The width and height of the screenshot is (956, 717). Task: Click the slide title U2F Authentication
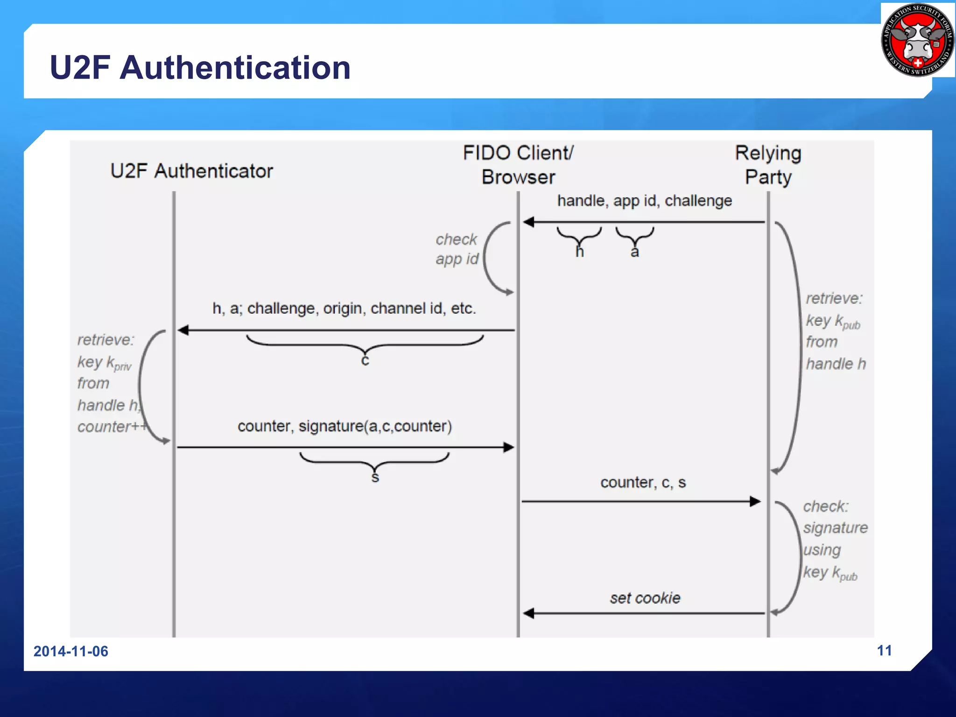[200, 68]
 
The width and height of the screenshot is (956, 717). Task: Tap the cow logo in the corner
[917, 40]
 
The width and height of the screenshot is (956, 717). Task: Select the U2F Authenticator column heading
[191, 171]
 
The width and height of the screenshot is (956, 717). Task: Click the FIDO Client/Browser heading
[518, 165]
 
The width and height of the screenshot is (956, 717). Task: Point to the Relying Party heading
[768, 165]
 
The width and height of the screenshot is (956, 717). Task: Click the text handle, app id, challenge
[644, 201]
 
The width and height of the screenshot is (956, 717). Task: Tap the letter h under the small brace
[579, 252]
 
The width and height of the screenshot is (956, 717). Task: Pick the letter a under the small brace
[634, 253]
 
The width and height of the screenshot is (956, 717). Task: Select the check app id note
[457, 249]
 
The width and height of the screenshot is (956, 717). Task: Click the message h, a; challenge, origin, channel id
[344, 309]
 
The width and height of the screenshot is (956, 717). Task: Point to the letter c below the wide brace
[365, 360]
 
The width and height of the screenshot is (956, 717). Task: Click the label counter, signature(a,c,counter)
[344, 426]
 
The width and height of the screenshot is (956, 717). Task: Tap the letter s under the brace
[375, 478]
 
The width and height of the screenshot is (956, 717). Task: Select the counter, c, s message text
[643, 482]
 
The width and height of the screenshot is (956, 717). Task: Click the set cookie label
[645, 598]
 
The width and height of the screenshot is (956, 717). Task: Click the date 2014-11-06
[70, 651]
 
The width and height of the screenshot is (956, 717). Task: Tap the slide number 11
[884, 650]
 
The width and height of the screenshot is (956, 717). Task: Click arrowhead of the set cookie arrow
[528, 613]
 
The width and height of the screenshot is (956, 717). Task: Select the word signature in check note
[835, 528]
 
